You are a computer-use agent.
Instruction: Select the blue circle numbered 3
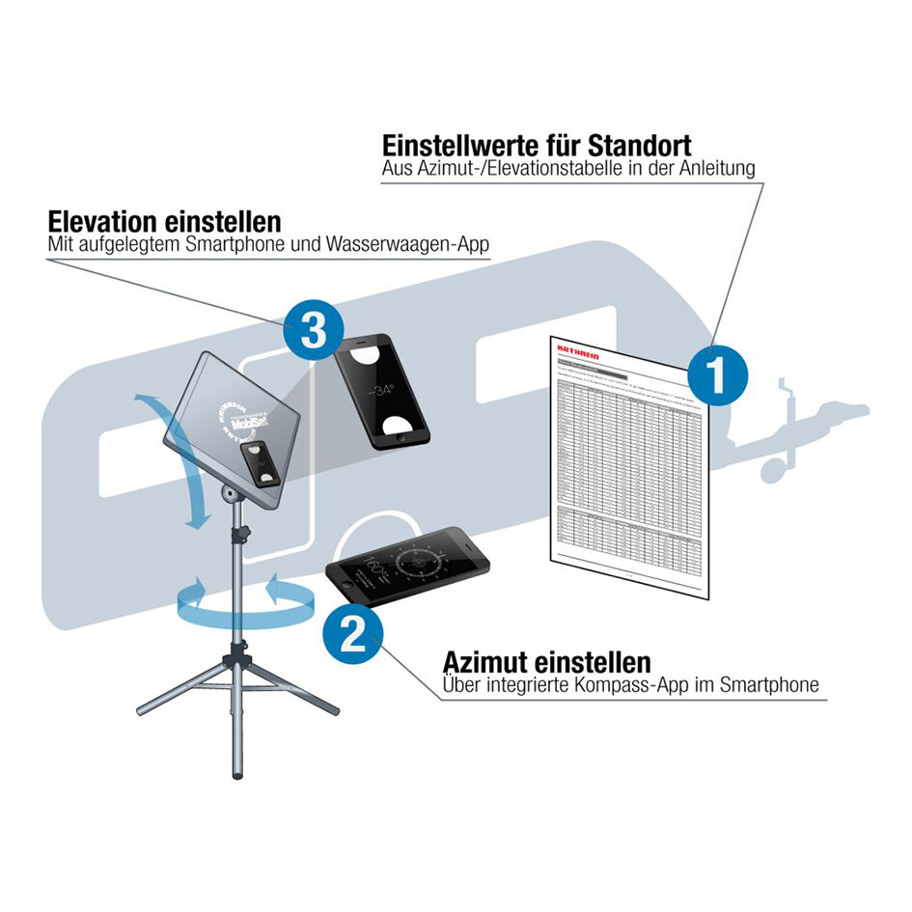pos(314,331)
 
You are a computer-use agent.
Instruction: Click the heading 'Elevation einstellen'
pos(164,220)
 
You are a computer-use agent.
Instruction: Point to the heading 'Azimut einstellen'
pos(546,662)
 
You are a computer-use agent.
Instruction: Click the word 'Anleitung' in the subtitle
pos(715,169)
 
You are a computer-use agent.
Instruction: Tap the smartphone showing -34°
pos(381,388)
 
